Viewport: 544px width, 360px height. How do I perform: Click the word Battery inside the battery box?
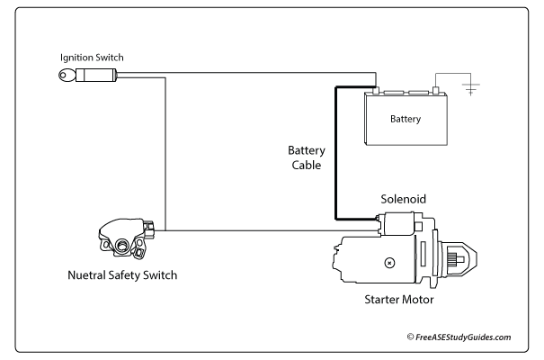406,119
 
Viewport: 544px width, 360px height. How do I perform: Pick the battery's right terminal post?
436,90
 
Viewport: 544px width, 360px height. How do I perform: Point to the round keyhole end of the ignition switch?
64,78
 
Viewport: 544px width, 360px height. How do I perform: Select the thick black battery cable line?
336,153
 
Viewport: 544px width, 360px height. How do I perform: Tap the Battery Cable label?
306,157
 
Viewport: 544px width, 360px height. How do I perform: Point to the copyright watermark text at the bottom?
459,337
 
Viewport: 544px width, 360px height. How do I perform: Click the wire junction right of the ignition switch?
165,78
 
